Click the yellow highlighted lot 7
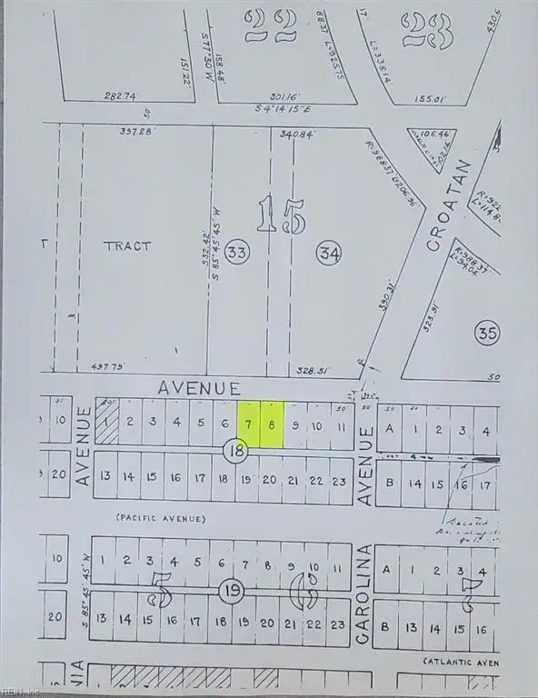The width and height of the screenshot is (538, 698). (248, 424)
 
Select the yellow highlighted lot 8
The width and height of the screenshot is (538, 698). (272, 424)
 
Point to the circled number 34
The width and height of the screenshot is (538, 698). (328, 254)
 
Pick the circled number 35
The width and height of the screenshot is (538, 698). (486, 334)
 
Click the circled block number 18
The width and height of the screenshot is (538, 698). (236, 449)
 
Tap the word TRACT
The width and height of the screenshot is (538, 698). (126, 245)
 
